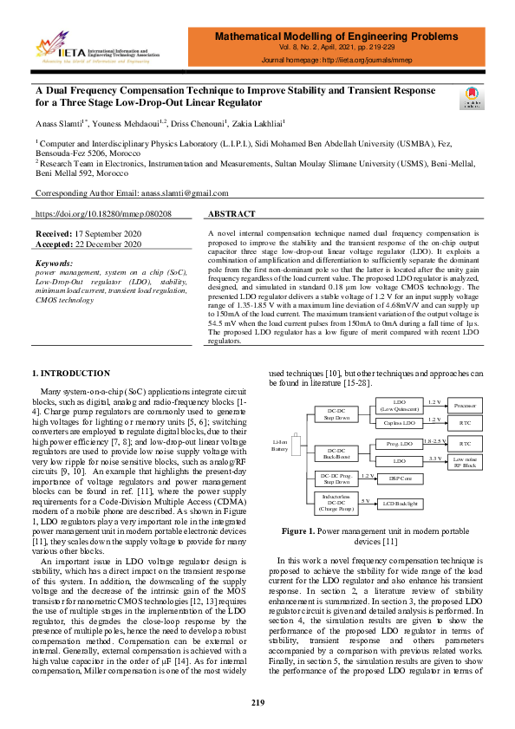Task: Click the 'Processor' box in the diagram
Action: click(x=466, y=406)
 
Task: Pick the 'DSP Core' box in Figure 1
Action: click(x=400, y=478)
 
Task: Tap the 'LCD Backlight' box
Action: click(x=401, y=503)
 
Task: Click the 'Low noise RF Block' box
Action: click(x=466, y=462)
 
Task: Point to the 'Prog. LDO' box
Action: click(x=399, y=444)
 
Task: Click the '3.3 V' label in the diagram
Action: click(x=435, y=458)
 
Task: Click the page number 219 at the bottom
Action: click(x=257, y=701)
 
